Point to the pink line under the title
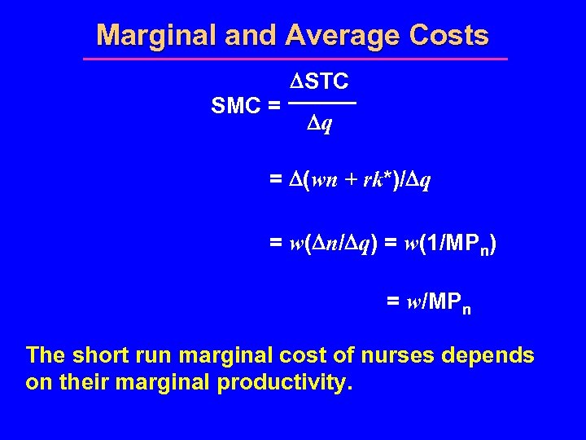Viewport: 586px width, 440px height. [295, 59]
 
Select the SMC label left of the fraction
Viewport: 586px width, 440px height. [236, 105]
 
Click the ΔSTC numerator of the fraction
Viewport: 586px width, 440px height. [320, 81]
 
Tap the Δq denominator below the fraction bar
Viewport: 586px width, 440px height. [319, 125]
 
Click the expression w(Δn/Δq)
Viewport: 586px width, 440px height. [337, 243]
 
